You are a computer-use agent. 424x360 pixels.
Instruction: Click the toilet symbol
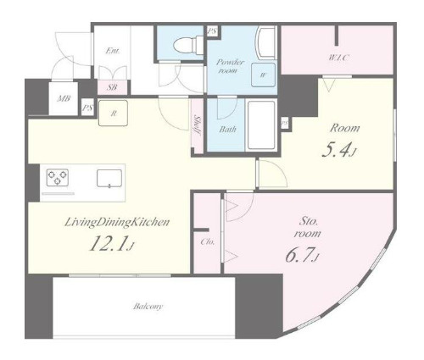coord(188,44)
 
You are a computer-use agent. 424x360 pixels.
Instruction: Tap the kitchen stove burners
coord(58,177)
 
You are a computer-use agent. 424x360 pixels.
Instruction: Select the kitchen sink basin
coord(109,178)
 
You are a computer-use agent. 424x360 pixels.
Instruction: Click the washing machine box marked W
coord(263,75)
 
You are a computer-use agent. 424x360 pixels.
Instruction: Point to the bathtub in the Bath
coord(261,125)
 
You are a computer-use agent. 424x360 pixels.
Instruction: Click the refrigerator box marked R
coord(113,113)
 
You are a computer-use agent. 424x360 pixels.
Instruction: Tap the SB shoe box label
coord(112,87)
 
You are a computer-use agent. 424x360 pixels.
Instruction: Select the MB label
coord(64,99)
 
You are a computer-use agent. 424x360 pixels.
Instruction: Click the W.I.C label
coord(338,58)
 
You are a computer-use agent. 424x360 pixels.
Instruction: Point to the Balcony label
coord(148,307)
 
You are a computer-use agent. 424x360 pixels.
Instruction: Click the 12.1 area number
coord(108,243)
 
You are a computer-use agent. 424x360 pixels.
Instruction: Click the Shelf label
coord(197,125)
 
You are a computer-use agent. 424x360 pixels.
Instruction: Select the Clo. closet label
coord(208,242)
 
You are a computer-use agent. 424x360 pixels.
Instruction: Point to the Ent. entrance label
coord(113,51)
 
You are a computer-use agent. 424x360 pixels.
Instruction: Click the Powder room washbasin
coord(265,42)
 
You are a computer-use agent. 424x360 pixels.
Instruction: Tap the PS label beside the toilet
coord(212,31)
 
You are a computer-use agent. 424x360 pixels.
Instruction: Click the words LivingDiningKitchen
coord(117,222)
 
